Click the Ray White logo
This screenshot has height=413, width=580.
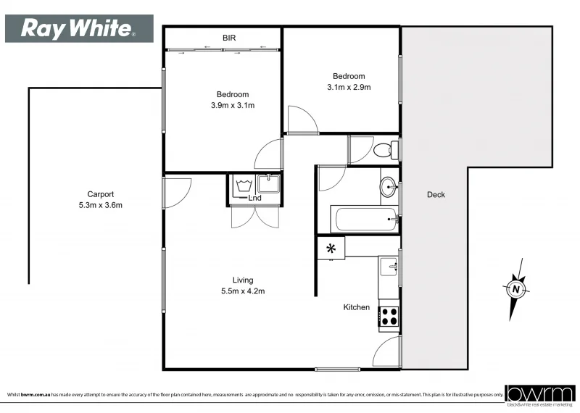pos(79,28)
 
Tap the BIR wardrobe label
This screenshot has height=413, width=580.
pos(229,38)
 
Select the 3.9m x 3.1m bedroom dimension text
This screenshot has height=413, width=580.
pos(232,105)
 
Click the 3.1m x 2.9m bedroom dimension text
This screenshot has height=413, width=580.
pos(349,87)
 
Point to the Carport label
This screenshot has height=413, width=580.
pos(101,194)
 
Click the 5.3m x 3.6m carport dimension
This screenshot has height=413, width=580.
pos(101,205)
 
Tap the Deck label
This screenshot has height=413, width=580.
pos(436,194)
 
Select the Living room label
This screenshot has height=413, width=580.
pos(243,280)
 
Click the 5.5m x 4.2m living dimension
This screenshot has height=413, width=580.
pos(243,291)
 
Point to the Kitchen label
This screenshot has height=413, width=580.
pos(357,307)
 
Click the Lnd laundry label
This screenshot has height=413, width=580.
pos(254,198)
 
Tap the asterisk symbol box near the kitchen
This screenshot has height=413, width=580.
pos(331,248)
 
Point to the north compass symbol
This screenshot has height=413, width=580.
pos(515,289)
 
